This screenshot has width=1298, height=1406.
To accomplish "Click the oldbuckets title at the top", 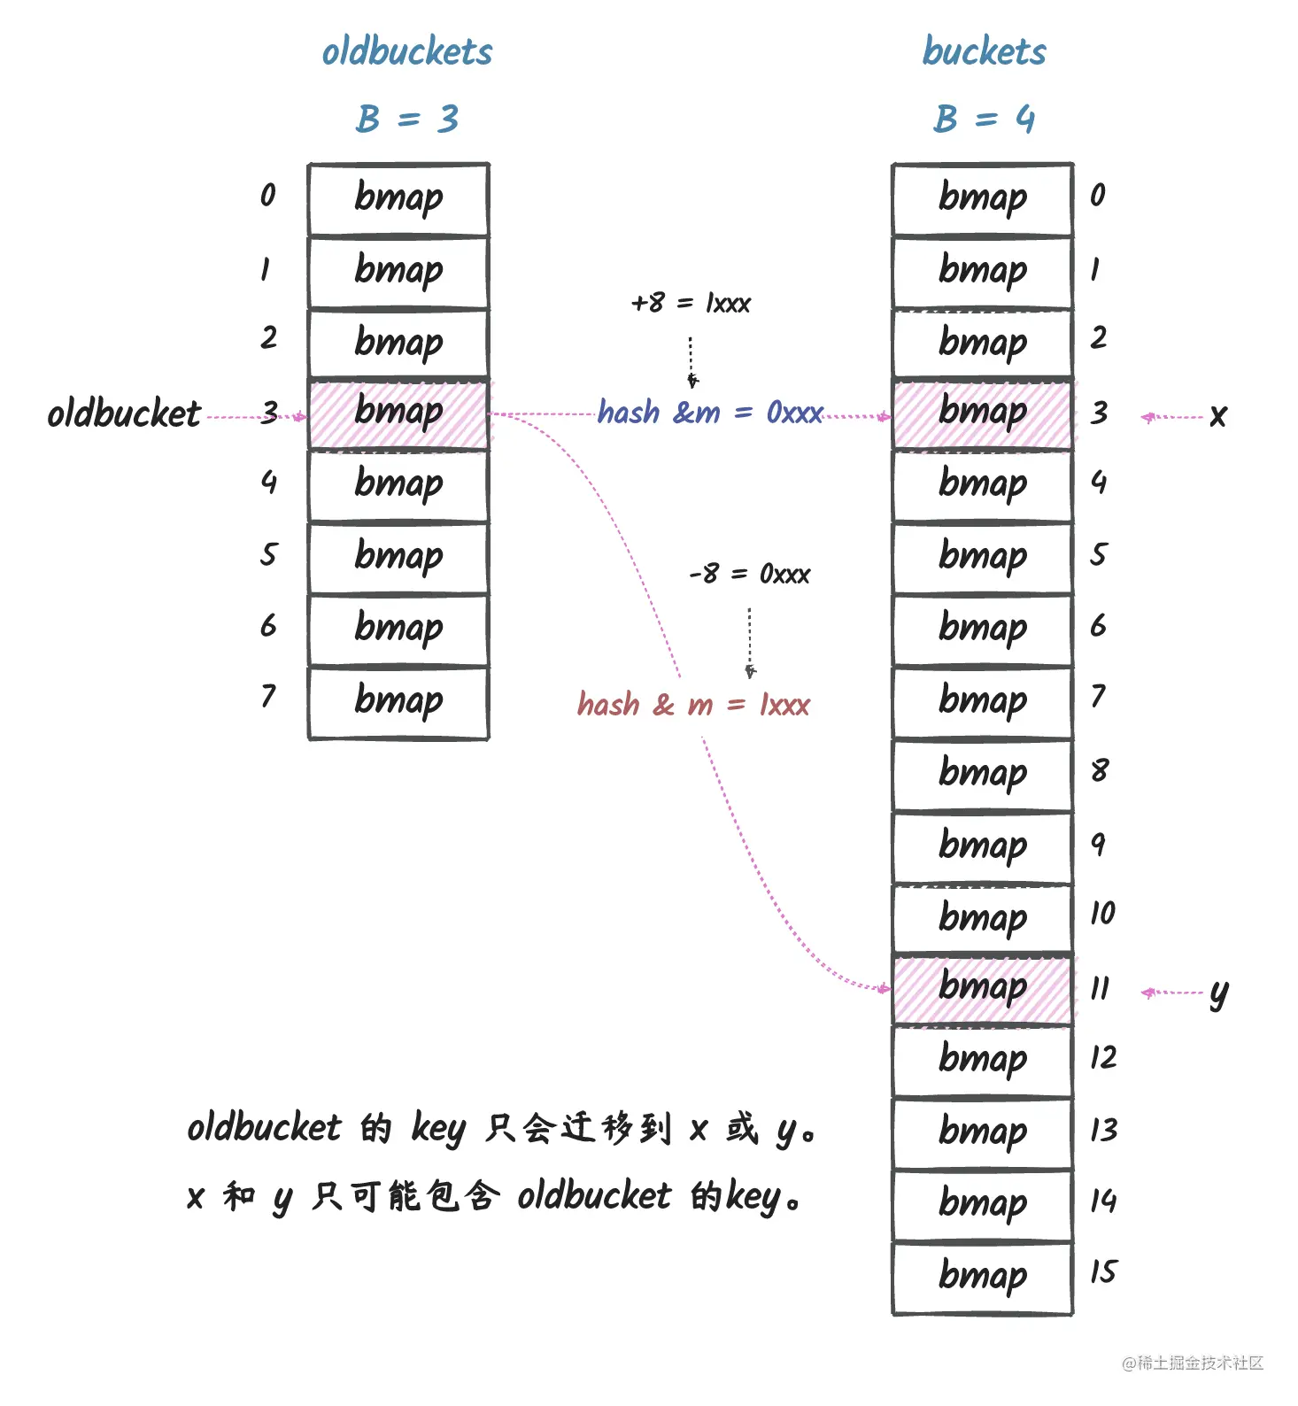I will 406,51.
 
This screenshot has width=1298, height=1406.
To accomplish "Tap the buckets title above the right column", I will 984,51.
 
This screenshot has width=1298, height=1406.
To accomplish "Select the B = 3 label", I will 407,119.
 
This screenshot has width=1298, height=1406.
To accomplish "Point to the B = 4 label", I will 984,119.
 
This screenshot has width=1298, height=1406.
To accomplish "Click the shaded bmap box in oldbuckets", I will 398,413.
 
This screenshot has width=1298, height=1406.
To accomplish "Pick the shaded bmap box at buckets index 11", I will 983,989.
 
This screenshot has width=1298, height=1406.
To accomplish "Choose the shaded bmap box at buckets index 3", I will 983,413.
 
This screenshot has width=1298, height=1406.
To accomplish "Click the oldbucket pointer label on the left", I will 124,413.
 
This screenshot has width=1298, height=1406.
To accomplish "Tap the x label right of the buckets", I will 1218,415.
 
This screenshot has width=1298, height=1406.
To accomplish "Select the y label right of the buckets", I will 1219,994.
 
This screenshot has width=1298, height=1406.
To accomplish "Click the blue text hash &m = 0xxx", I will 710,413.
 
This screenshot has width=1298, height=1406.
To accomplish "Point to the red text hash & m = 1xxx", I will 693,705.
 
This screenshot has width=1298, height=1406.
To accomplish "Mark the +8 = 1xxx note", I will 691,304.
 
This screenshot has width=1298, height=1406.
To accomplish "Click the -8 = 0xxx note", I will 749,575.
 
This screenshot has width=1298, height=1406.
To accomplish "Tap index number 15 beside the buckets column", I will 1103,1272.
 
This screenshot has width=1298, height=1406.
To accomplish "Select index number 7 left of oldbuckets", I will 268,697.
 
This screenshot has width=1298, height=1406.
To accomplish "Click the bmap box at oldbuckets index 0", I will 398,198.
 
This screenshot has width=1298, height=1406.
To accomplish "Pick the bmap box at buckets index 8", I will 983,774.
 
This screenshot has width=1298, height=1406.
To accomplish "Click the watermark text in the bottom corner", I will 1193,1364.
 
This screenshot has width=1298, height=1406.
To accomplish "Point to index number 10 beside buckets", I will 1103,913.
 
